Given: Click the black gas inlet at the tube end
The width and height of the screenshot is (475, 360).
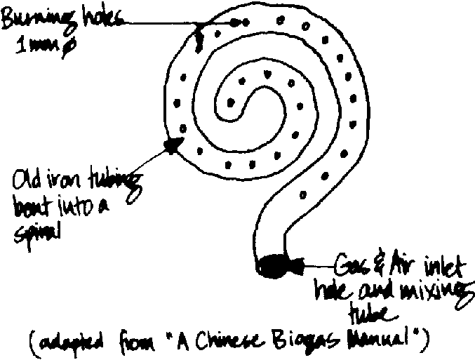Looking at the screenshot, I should pyautogui.click(x=274, y=267).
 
